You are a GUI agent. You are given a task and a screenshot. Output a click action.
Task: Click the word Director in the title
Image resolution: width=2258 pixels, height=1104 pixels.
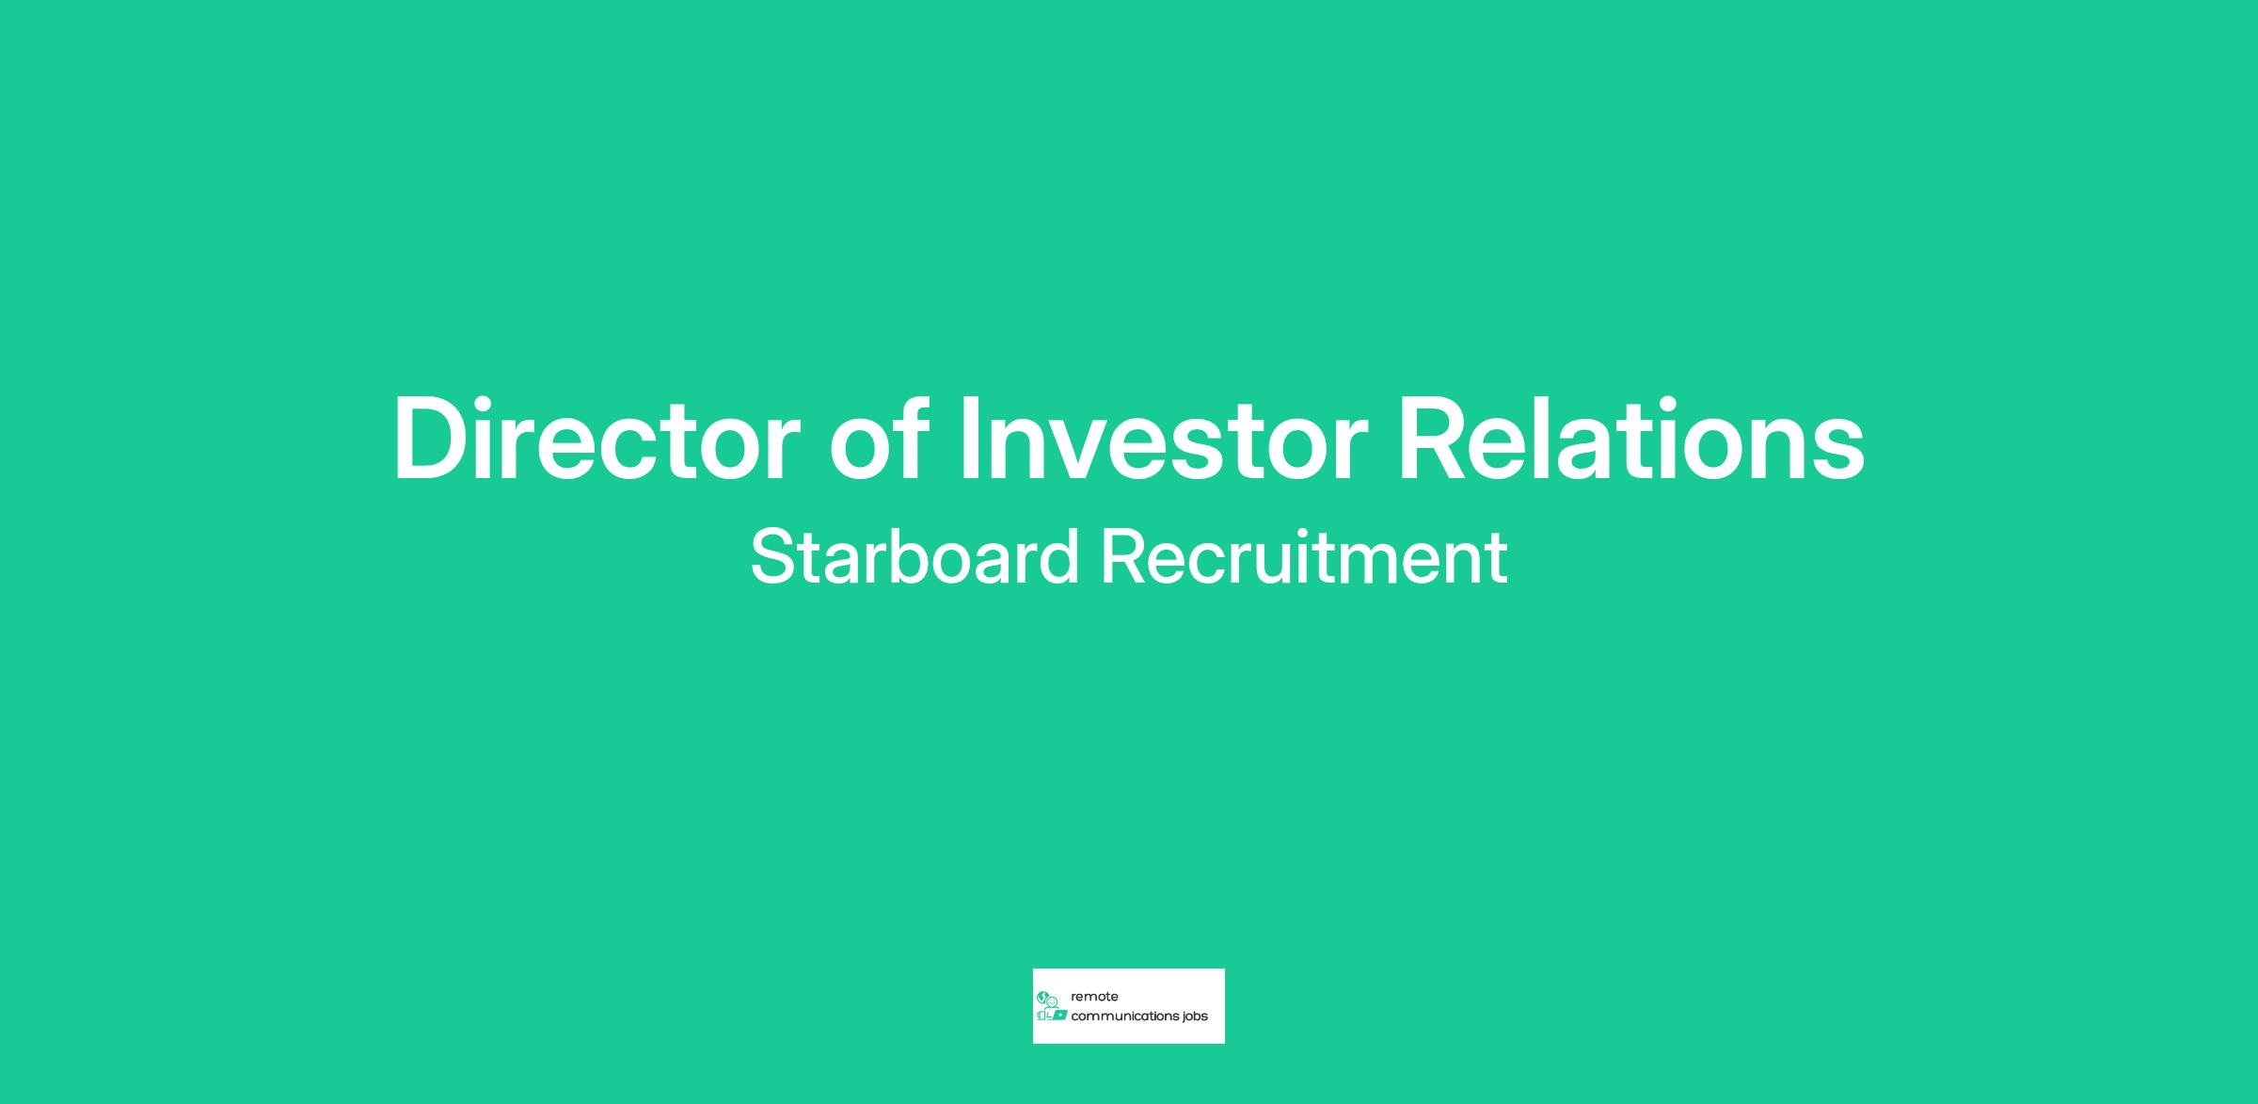tap(596, 439)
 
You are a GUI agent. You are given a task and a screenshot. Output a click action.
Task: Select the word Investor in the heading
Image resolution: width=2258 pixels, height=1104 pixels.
tap(1163, 439)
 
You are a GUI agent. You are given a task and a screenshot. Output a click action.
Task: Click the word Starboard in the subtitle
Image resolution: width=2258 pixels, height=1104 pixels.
tap(914, 556)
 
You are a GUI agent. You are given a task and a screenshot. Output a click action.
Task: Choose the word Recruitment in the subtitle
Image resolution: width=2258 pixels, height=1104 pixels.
tap(1304, 556)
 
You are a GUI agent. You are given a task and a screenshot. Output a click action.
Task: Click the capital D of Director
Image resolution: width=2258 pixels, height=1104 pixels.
tap(433, 439)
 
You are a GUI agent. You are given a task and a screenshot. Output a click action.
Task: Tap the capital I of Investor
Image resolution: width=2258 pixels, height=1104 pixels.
tap(969, 439)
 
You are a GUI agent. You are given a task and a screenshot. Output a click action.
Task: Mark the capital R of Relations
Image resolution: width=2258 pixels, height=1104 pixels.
tap(1436, 439)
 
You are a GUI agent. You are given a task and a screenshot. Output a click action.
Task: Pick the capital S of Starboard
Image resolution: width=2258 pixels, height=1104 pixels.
tap(773, 556)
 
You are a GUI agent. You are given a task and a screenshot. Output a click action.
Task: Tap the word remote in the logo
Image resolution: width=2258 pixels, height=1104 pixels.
tap(1094, 997)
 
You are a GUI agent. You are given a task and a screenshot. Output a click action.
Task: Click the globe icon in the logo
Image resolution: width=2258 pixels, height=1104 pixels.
tap(1042, 997)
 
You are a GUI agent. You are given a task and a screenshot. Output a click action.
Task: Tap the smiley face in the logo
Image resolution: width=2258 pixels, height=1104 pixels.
tap(1053, 1001)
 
